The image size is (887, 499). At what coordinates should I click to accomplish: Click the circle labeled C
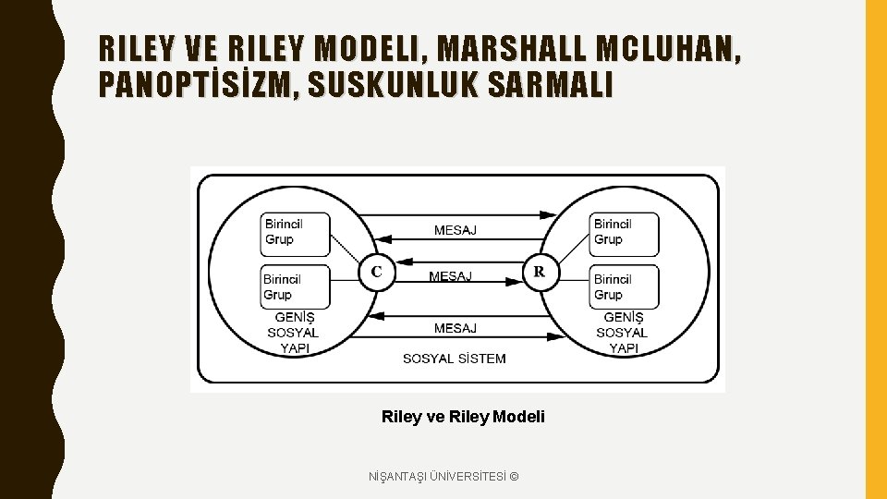tap(376, 273)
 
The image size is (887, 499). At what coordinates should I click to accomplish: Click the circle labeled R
tap(540, 273)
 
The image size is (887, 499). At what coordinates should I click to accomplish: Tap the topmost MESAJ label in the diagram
tap(456, 230)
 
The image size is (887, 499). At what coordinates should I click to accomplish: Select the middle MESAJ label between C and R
tap(450, 276)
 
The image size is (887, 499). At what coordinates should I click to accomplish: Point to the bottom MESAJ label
tap(456, 328)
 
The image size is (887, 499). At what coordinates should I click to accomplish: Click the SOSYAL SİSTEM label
tap(455, 359)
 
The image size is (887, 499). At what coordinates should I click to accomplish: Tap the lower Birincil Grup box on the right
tap(625, 287)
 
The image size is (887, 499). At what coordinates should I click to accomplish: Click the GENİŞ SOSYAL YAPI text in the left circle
tap(293, 333)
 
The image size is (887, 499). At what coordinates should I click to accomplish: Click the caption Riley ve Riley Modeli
tap(463, 417)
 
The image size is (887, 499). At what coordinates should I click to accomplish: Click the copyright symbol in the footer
tap(514, 476)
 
